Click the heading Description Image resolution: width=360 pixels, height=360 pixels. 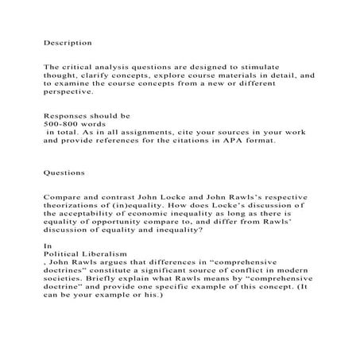[x=67, y=41]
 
